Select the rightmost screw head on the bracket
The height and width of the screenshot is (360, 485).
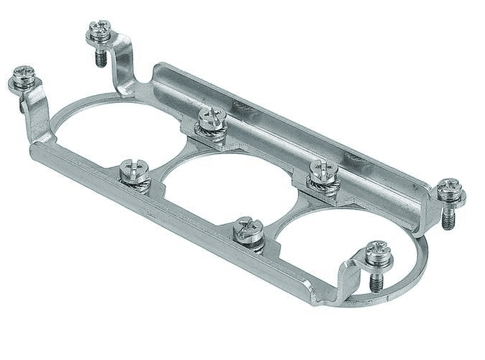(x=451, y=189)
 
